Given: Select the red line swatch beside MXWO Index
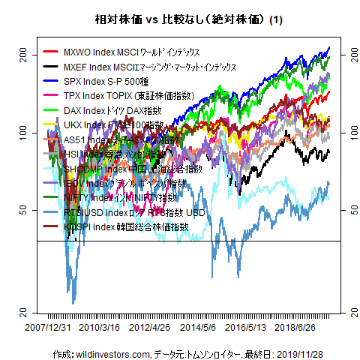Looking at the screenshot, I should coord(52,52).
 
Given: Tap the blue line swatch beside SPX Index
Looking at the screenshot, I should coord(52,82).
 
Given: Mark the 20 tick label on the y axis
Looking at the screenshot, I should coord(23,311).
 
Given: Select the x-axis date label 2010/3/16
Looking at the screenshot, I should coord(100,327).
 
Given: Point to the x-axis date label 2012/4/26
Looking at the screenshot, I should coord(149,327).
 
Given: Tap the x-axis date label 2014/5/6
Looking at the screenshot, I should coord(199,327).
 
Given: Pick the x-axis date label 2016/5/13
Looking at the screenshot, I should coord(246,327).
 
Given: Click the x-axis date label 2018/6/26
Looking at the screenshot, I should coord(296,327).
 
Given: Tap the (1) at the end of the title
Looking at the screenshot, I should coord(274,19).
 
